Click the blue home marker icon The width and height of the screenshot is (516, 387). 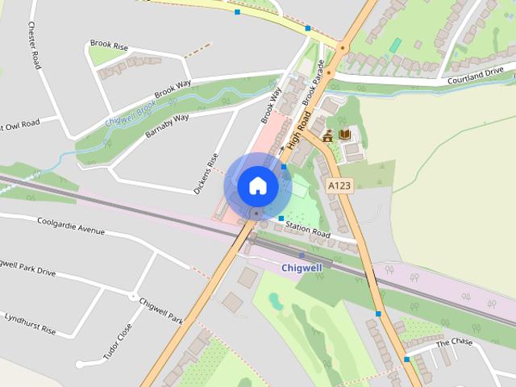click(x=258, y=185)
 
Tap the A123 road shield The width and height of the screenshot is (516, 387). click(x=339, y=186)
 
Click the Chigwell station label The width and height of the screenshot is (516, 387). click(x=302, y=267)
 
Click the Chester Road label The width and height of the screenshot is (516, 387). click(x=34, y=46)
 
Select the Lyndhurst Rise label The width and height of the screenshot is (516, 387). click(x=28, y=321)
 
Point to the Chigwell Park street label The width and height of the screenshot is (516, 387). click(x=161, y=310)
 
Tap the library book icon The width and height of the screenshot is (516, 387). click(x=345, y=135)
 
